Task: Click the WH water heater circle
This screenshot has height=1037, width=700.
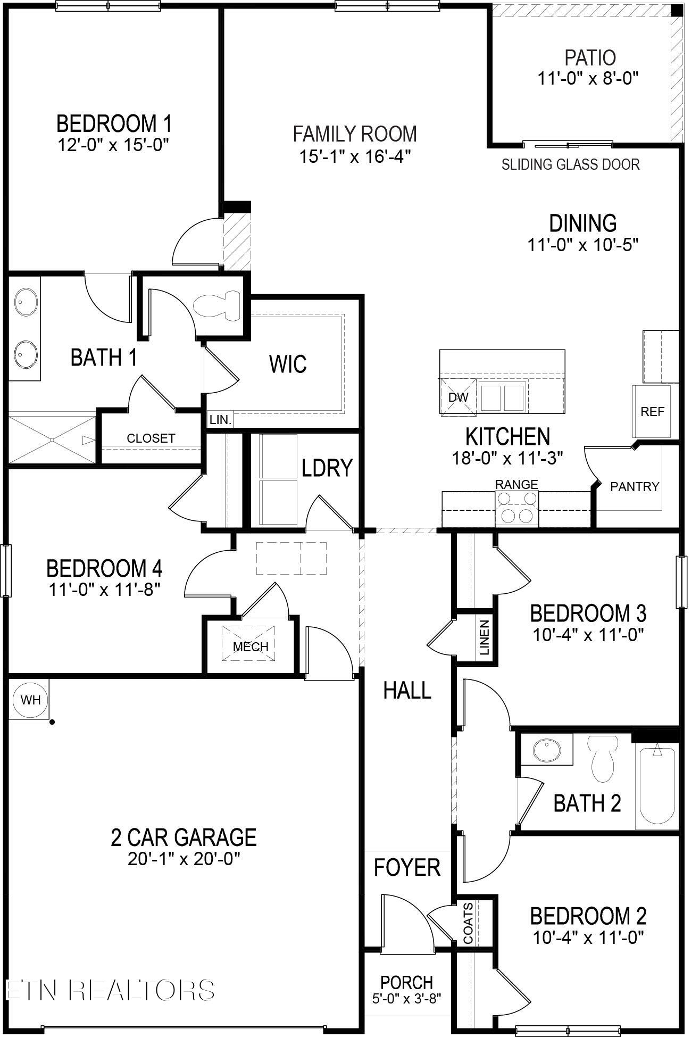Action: coord(30,699)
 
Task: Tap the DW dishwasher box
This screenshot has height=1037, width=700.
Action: coord(458,397)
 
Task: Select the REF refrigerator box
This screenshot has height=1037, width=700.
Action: coord(652,411)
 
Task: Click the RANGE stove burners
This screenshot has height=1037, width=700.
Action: coord(517,507)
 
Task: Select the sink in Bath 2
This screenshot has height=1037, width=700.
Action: coord(546,750)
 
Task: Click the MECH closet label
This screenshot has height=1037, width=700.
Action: coord(251,646)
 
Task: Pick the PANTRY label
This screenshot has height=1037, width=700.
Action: coord(634,486)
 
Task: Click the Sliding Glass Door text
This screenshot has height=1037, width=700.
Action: coord(570,164)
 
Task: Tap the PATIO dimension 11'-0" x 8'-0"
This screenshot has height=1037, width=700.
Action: coord(587,79)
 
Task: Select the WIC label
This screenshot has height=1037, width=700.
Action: coord(288,364)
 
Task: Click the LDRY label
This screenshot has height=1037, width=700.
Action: coord(327,468)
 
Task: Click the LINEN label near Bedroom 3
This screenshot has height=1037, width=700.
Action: coord(484,637)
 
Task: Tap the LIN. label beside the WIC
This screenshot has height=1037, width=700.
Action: coord(220,420)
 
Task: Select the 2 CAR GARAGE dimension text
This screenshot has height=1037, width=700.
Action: coord(184,859)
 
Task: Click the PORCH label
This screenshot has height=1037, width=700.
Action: coord(406,982)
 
